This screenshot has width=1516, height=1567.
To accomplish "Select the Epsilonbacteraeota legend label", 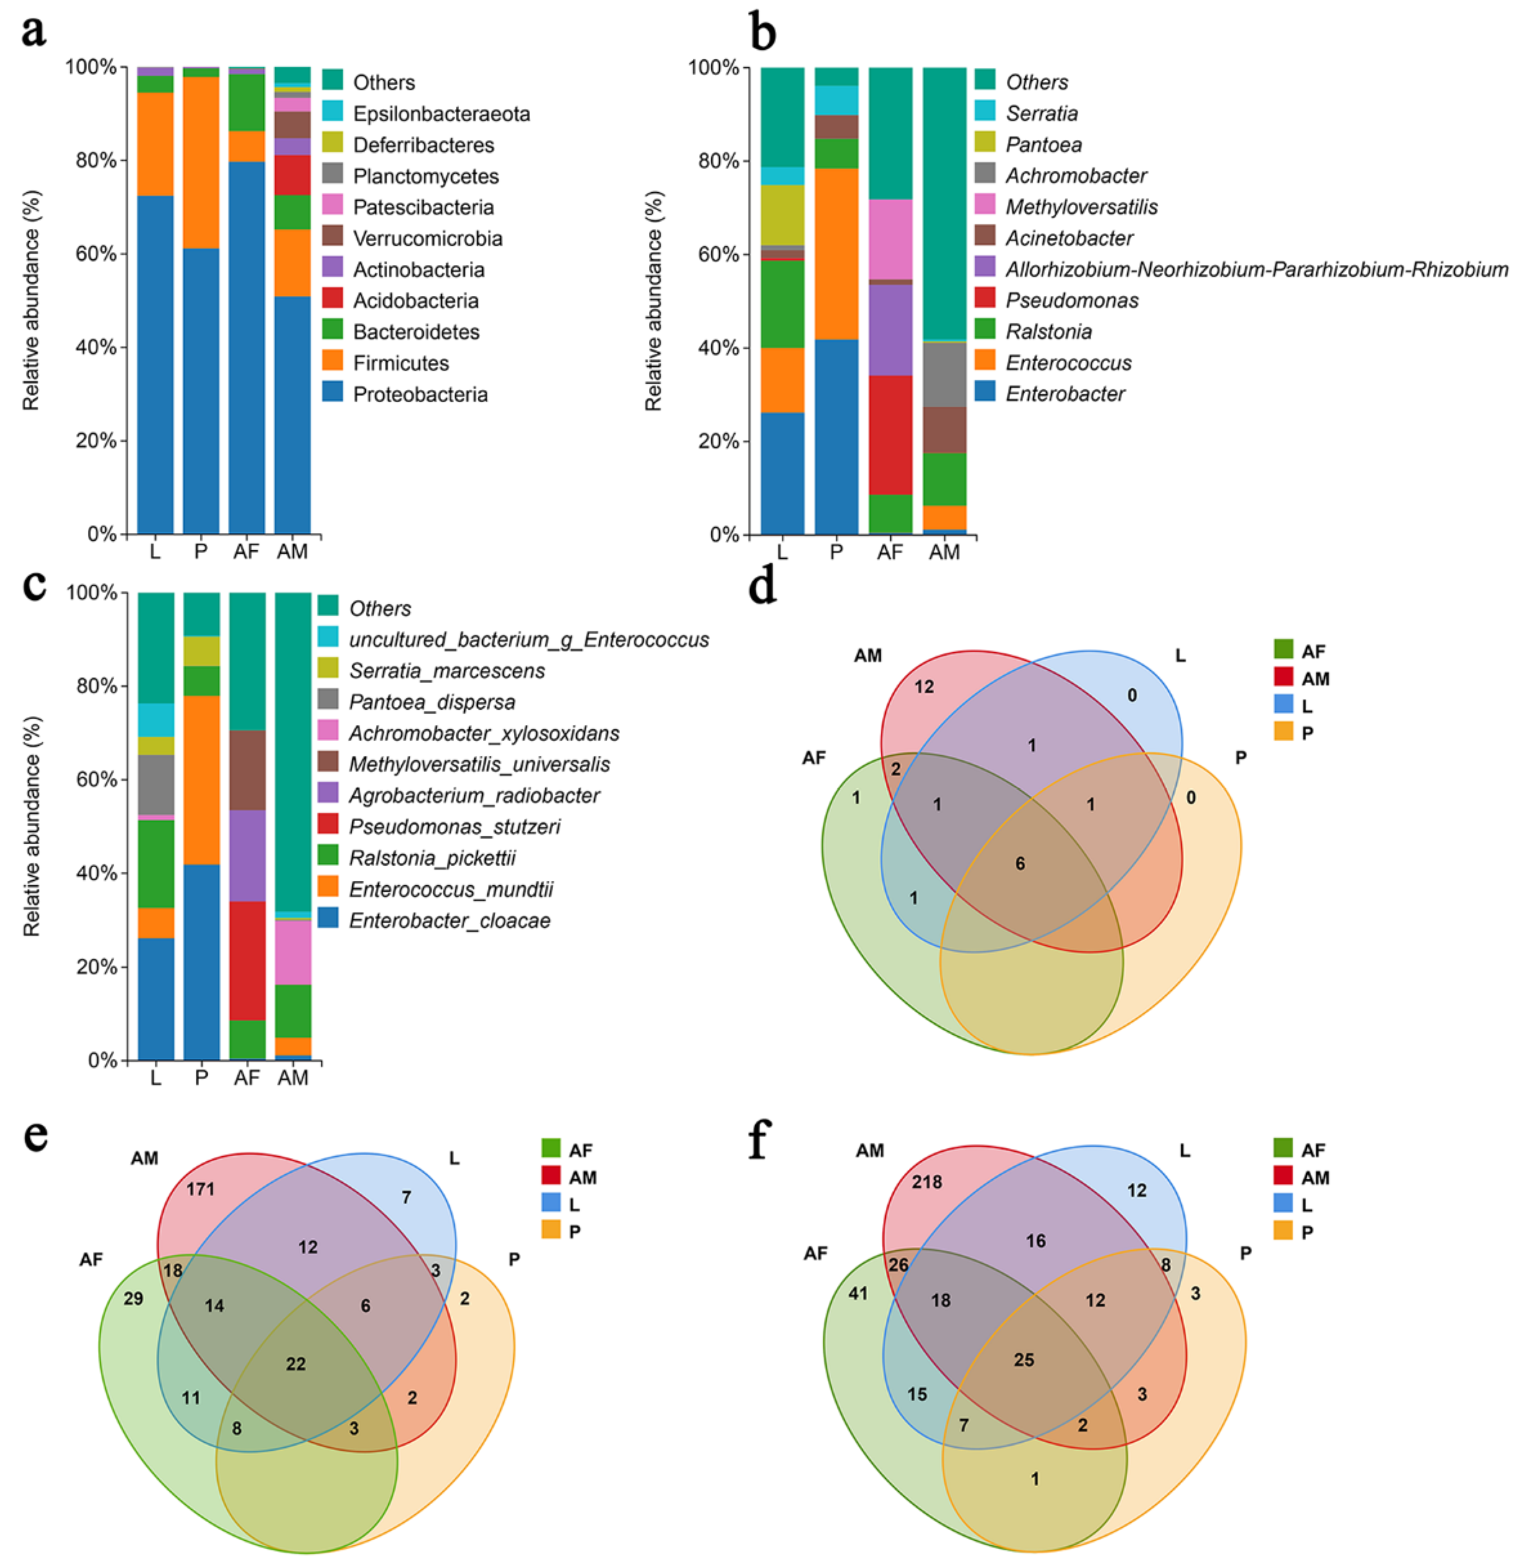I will [x=441, y=113].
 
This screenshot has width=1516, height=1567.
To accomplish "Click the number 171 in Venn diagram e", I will [x=201, y=1189].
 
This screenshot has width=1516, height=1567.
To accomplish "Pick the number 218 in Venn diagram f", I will [x=927, y=1181].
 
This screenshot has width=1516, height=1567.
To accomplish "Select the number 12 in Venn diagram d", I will [x=924, y=686].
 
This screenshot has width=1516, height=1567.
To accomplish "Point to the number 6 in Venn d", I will [x=1020, y=863].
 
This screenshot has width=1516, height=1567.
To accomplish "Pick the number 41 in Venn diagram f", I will [x=857, y=1293].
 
